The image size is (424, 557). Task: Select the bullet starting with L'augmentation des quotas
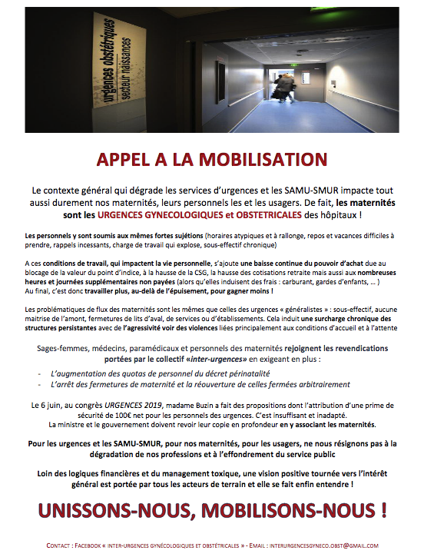154,372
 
